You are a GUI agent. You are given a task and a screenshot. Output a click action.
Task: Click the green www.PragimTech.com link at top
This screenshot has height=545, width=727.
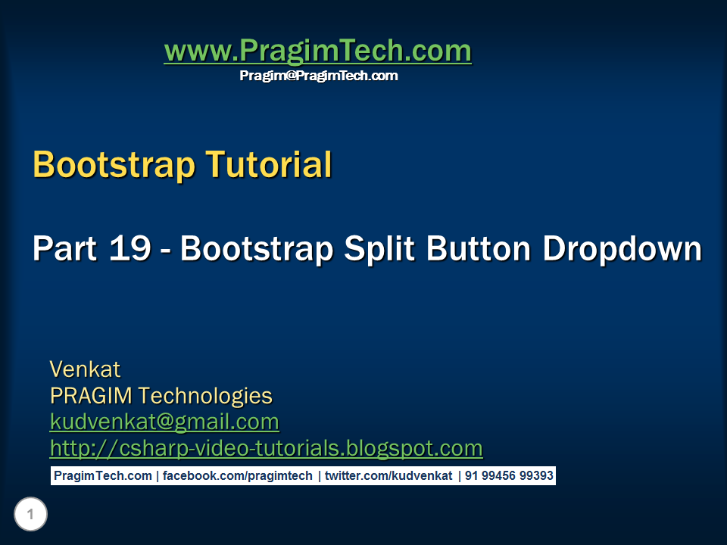[x=317, y=51]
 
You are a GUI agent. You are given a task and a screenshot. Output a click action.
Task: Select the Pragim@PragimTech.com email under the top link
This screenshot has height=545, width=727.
[x=318, y=76]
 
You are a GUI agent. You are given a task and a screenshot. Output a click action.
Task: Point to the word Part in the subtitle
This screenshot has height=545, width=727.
[x=64, y=249]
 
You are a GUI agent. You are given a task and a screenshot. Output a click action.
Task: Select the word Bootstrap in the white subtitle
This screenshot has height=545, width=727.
[x=257, y=249]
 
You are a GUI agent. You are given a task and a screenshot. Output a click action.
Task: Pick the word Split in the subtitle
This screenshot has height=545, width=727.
[x=380, y=249]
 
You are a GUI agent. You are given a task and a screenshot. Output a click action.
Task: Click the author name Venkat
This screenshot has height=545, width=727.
[x=85, y=369]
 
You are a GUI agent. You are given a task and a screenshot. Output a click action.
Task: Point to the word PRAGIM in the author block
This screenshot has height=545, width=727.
[x=92, y=396]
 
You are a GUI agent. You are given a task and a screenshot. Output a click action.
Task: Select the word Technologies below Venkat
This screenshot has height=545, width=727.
[x=205, y=396]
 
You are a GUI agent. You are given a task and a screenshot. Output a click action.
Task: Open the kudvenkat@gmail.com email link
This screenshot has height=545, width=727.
[x=164, y=422]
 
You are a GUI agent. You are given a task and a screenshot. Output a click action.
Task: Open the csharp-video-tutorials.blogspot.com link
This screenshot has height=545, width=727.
[x=266, y=448]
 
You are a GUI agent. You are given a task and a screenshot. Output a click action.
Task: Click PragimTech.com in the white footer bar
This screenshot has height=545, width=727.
[x=102, y=476]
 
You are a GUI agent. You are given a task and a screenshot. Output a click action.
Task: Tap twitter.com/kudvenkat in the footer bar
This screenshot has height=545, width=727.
[x=388, y=476]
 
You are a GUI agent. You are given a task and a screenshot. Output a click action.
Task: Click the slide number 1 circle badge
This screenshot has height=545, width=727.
[x=30, y=515]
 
